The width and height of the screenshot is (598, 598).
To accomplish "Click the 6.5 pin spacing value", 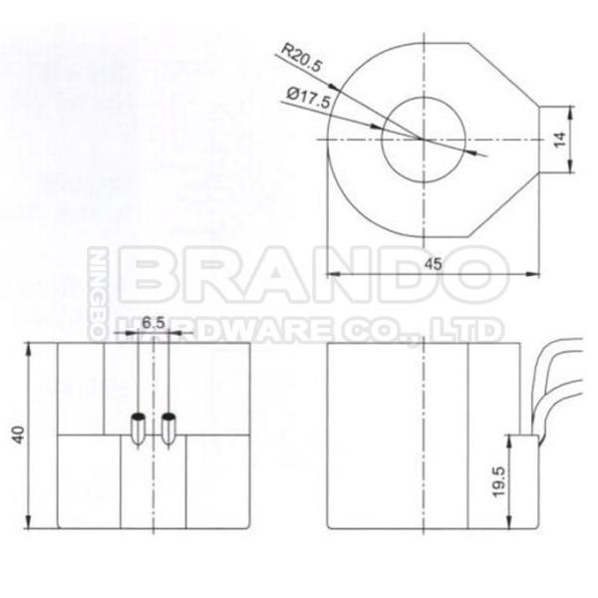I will pos(152,323).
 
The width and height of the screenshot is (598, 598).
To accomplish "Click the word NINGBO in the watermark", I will pos(100,289).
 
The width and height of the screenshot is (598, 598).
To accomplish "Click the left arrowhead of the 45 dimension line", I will pos(332,273).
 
